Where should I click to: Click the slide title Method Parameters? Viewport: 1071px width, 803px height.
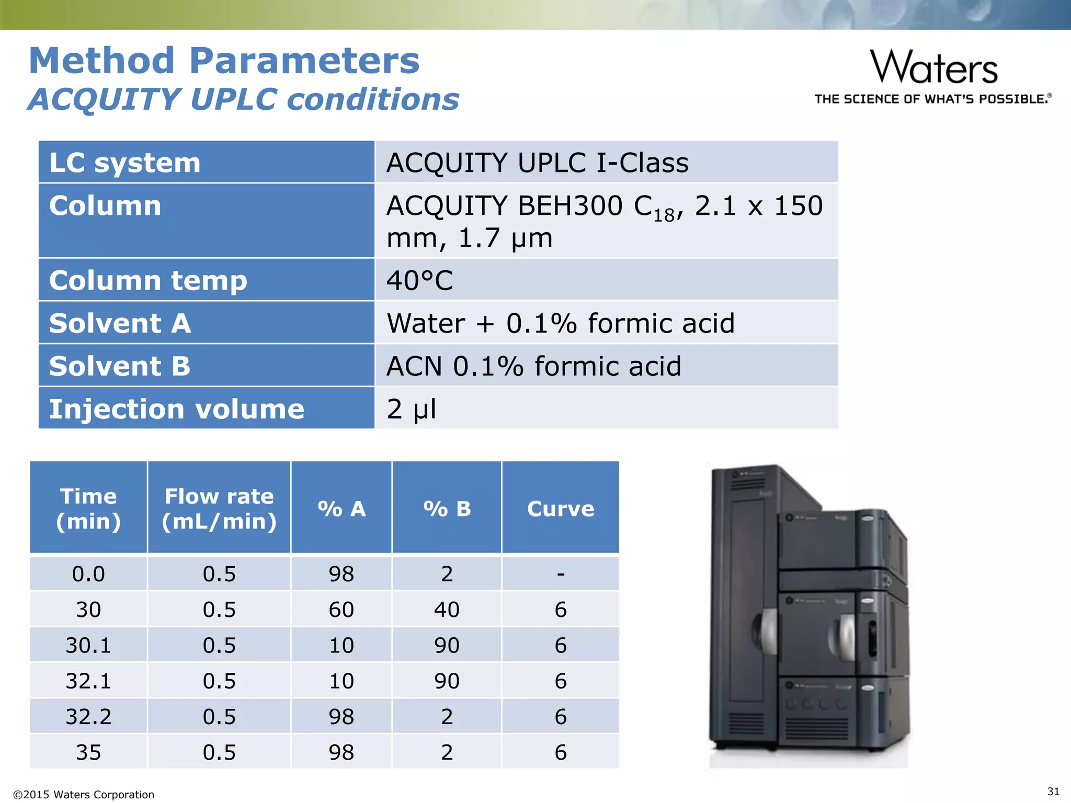pos(224,61)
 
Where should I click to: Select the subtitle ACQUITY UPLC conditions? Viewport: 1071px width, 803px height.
pos(243,99)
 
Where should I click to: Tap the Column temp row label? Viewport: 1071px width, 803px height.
pos(148,280)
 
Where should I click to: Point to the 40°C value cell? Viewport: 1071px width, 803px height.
pos(419,280)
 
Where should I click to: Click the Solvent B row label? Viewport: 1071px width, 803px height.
pos(120,365)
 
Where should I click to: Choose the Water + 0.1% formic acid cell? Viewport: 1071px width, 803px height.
pos(560,323)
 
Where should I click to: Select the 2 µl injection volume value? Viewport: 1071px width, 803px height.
pos(411,408)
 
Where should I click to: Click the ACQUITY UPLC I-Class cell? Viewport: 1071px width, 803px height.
pos(537,163)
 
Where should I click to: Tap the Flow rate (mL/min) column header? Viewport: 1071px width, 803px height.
pos(219,508)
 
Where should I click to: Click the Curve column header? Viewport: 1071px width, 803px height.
pos(561,508)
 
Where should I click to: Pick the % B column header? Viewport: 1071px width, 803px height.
pos(447,508)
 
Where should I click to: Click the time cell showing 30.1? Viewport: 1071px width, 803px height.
pos(88,645)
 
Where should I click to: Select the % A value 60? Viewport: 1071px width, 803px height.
pos(341,610)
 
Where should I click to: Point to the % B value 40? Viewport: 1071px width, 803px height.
pos(447,610)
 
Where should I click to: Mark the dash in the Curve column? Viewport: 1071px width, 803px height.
pos(561,574)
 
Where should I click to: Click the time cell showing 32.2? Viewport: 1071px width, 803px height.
pos(88,716)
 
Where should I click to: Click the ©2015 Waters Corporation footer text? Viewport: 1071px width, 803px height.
pos(84,795)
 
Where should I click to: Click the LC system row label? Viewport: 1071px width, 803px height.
pos(125,163)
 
